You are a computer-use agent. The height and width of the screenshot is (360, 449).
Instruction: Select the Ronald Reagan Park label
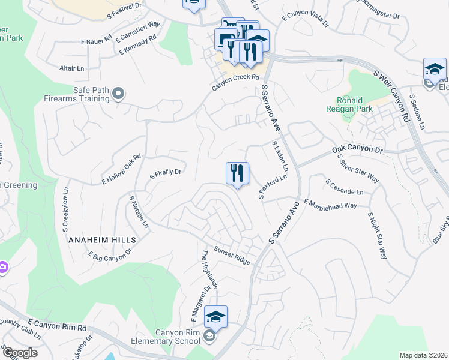coord(358,104)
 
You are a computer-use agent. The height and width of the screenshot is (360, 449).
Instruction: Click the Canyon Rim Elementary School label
coord(169,337)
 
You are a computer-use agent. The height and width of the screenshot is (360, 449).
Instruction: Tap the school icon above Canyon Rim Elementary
coord(215,316)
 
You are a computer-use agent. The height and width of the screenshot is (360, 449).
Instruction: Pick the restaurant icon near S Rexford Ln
coord(237,173)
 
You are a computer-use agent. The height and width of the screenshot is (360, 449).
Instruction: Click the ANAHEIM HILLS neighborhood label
coord(103,239)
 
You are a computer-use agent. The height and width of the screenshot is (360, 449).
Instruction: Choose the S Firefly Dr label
coord(165,172)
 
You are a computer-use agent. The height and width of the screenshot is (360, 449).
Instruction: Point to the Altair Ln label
coord(71,68)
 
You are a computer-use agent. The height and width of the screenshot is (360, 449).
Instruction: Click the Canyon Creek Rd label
coord(235,83)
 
